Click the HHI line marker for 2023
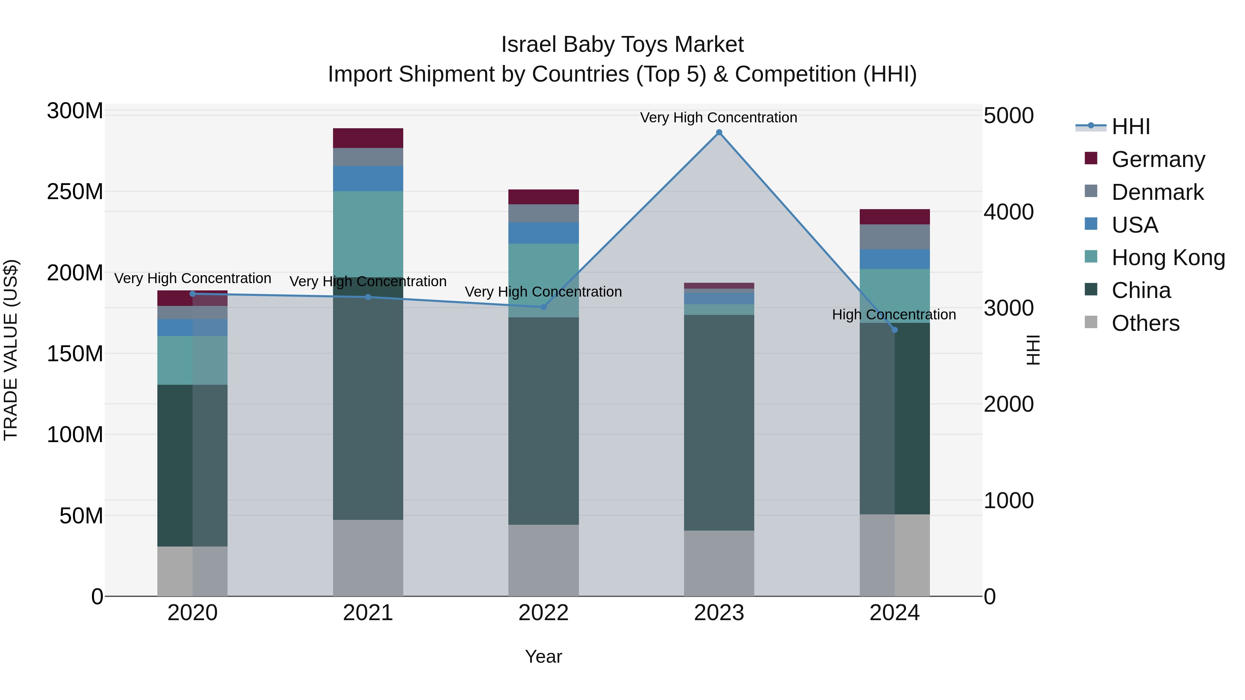tap(719, 132)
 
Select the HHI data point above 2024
tap(894, 330)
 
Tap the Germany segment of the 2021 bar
tap(368, 138)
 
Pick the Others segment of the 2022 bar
tap(543, 560)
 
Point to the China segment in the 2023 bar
tap(719, 423)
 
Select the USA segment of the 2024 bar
tap(894, 259)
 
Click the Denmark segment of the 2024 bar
tap(894, 237)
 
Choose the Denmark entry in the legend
tap(1157, 192)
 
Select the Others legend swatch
tap(1091, 322)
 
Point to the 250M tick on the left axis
tap(75, 192)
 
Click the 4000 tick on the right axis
tap(1009, 212)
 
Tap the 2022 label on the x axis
tap(543, 613)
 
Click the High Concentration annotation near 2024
tap(894, 315)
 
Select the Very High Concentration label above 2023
tap(718, 118)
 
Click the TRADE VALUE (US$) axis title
tap(11, 350)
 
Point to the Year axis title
tap(543, 656)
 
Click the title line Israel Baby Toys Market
tap(622, 45)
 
